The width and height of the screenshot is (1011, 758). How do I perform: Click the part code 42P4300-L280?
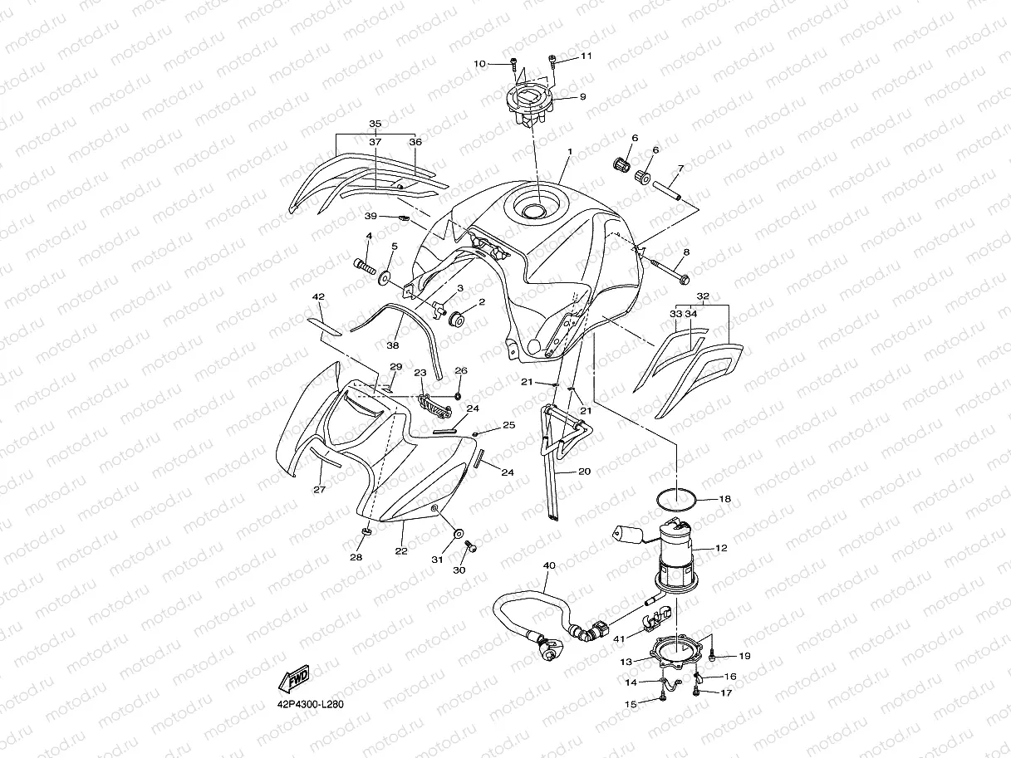coord(310,705)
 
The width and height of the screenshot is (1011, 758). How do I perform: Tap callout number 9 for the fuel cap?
coord(582,96)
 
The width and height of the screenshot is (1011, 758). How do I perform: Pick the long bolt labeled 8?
coord(670,271)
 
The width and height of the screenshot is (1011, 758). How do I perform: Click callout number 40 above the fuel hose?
coord(548,565)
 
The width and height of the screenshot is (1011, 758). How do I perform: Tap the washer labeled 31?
coord(457,532)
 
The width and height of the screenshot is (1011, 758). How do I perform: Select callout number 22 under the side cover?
coord(400,550)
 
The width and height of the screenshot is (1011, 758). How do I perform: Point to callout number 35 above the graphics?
coord(375,125)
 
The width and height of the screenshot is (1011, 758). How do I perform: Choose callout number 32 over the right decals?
coord(703,296)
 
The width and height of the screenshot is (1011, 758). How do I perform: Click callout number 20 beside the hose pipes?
coord(584,472)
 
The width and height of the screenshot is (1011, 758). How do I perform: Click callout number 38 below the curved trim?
coord(393,345)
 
